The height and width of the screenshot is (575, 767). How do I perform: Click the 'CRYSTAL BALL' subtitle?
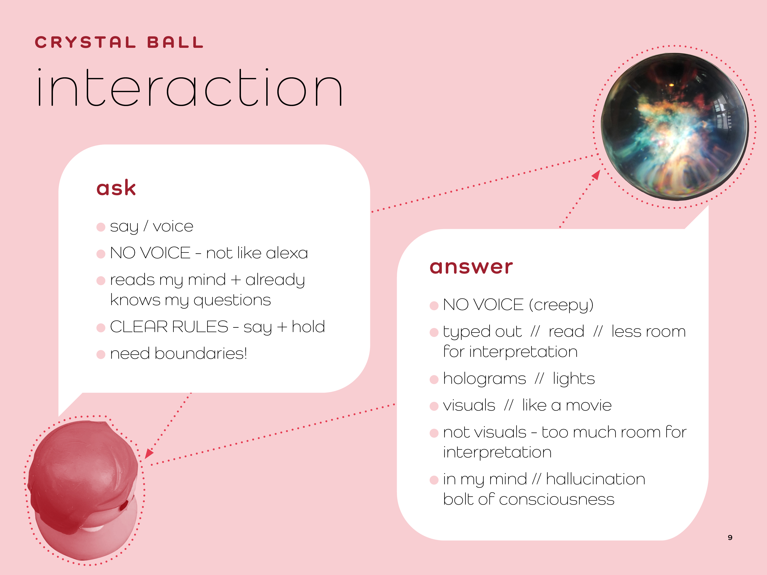[x=119, y=43]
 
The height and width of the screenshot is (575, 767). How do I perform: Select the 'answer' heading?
[x=471, y=267]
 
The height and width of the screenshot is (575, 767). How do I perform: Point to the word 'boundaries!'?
[x=201, y=354]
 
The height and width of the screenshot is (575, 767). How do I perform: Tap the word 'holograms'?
[x=484, y=379]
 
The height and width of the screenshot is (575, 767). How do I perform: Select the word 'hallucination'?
[x=595, y=479]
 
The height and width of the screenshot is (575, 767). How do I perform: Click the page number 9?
[x=730, y=538]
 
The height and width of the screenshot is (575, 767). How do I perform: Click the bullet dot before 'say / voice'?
[x=101, y=227]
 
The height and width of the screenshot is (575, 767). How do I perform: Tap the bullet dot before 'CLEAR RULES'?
[x=101, y=328]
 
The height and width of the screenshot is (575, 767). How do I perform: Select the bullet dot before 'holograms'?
[x=434, y=379]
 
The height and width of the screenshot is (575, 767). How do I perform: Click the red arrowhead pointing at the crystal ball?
[x=596, y=175]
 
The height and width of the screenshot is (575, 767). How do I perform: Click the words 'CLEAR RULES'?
[x=169, y=327]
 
